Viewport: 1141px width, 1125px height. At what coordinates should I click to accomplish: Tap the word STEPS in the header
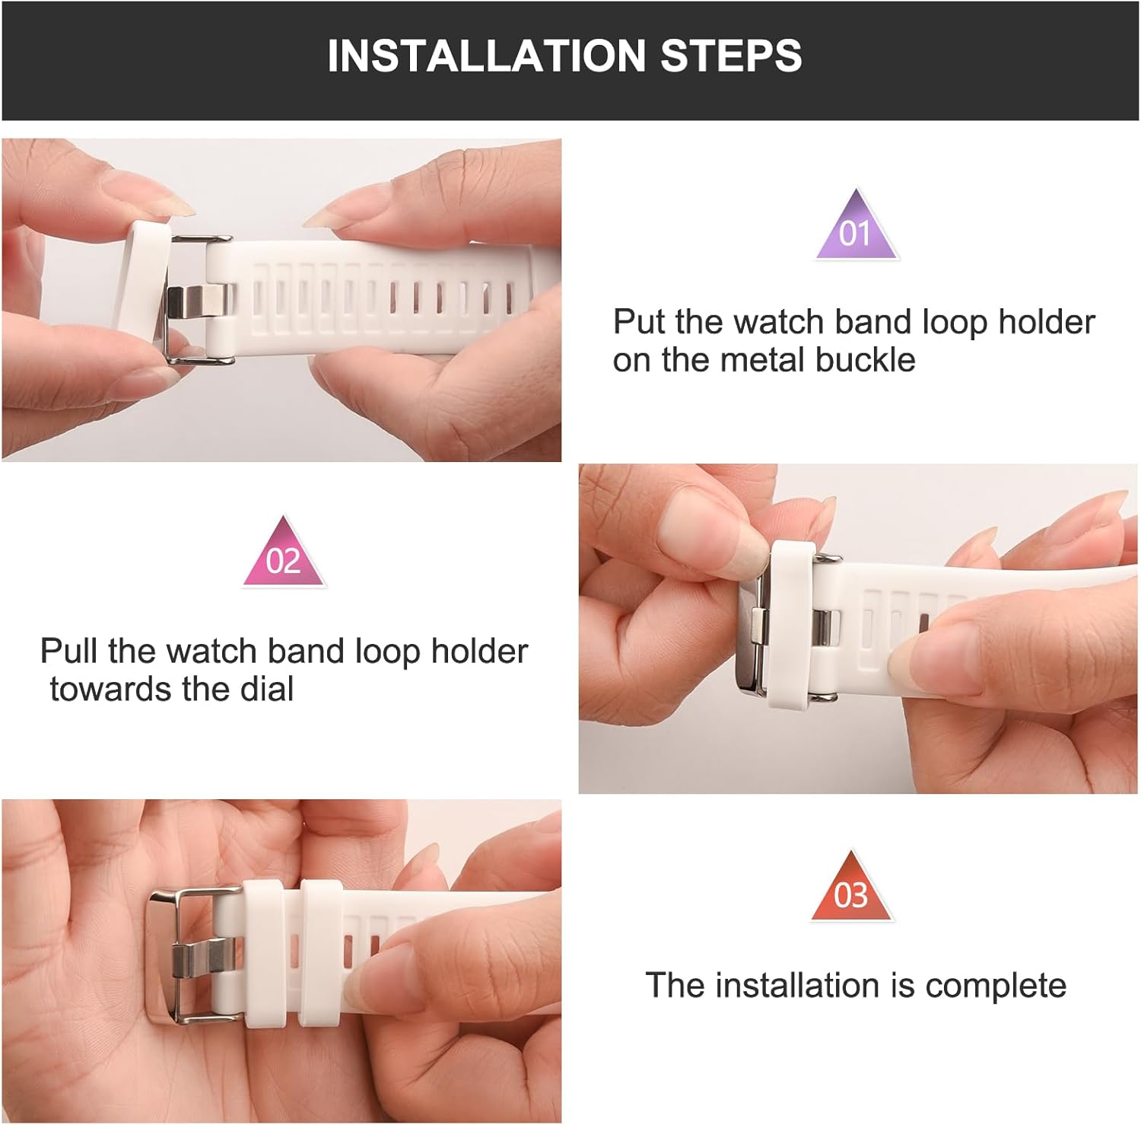coord(731,56)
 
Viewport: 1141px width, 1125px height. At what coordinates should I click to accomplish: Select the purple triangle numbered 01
coord(857,225)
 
